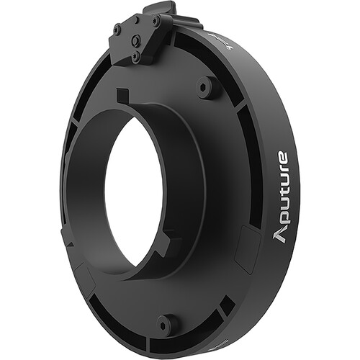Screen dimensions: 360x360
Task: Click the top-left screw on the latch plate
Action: click(x=117, y=30)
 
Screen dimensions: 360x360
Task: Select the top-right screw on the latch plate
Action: click(x=156, y=22)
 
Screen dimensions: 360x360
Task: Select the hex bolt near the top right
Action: click(x=207, y=87)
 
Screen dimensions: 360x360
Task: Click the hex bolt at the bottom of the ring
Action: click(x=167, y=323)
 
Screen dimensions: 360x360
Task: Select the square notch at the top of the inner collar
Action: click(x=123, y=94)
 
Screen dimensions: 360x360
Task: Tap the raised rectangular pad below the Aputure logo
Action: click(x=249, y=248)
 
